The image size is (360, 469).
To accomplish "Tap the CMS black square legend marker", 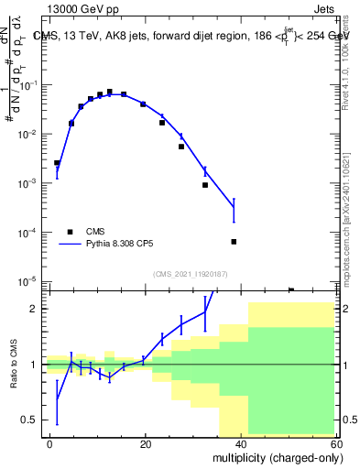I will click(x=71, y=232).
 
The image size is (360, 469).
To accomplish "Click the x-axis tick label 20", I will click(x=146, y=442).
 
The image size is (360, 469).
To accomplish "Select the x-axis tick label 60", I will click(x=337, y=442).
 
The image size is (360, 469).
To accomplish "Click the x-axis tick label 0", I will click(x=49, y=442).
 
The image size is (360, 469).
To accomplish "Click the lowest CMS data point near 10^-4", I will click(x=234, y=242).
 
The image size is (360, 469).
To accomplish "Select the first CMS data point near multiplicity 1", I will click(x=57, y=163).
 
